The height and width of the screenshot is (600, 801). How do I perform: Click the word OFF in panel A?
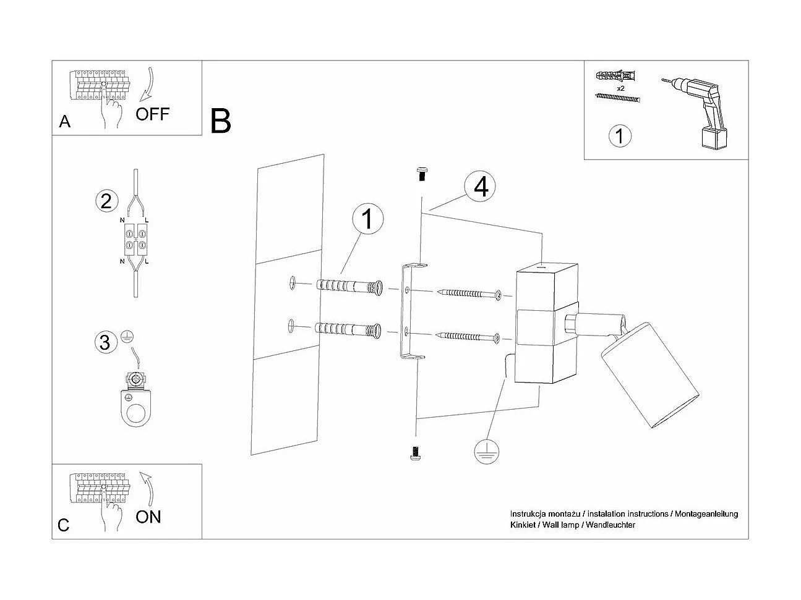tap(152, 114)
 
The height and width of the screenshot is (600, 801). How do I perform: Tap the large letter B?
tap(221, 121)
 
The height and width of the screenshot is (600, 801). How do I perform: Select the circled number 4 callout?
tap(481, 186)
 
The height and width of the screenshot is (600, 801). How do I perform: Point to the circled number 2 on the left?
tap(106, 201)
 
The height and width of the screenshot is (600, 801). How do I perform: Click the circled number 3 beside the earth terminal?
tap(105, 342)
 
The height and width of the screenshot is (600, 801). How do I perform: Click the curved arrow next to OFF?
tap(148, 83)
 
